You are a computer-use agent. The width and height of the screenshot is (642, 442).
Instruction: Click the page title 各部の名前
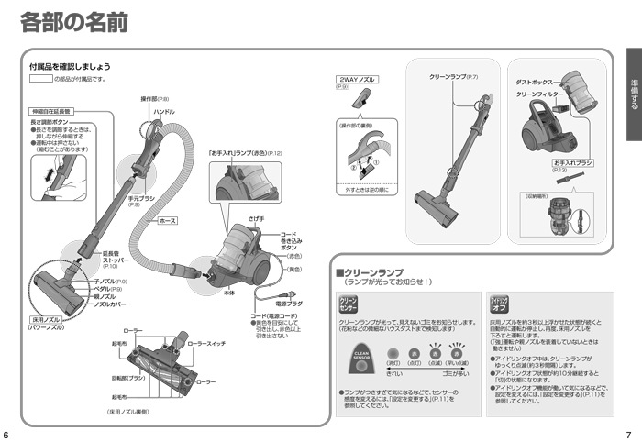tap(73, 22)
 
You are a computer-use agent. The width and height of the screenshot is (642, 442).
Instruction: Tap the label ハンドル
tap(164, 111)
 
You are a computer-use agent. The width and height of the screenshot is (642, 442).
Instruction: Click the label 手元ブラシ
tap(140, 198)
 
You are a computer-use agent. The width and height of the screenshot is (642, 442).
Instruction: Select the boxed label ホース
tap(168, 220)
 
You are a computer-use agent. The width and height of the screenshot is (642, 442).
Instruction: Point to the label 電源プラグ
tap(289, 303)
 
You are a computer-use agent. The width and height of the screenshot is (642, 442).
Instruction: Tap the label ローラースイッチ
tap(206, 343)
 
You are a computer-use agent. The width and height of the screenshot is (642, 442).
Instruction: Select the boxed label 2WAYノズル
tap(353, 80)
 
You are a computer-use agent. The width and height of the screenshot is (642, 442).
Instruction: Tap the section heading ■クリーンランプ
tap(370, 272)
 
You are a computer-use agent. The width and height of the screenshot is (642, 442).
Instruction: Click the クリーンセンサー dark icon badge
tap(349, 304)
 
